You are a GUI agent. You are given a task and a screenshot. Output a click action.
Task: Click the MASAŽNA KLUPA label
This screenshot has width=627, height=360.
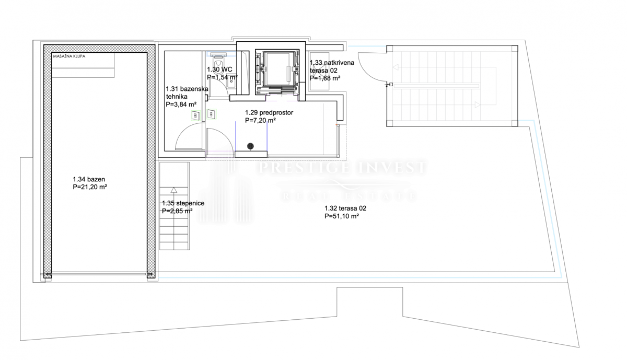pyautogui.click(x=69, y=56)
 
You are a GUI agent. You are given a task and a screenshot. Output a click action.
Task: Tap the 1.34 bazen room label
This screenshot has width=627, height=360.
pyautogui.click(x=89, y=179)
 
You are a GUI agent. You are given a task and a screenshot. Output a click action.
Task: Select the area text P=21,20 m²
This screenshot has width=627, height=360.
pyautogui.click(x=90, y=187)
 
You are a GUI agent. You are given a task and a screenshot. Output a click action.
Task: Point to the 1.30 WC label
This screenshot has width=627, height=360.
pyautogui.click(x=220, y=69)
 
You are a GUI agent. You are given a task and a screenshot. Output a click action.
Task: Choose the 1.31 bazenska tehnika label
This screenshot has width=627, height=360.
pyautogui.click(x=187, y=92)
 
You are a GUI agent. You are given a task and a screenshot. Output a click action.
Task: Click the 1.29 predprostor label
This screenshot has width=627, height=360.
pyautogui.click(x=269, y=112)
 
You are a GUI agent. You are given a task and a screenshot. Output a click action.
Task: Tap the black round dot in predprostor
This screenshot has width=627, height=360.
pyautogui.click(x=250, y=146)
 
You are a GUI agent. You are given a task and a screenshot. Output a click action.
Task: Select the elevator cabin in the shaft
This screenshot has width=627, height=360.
pyautogui.click(x=278, y=69)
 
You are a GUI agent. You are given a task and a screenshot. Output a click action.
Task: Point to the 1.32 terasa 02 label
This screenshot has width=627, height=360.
pyautogui.click(x=345, y=208)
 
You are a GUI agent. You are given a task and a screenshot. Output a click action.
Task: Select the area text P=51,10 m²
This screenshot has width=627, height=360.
pyautogui.click(x=342, y=216)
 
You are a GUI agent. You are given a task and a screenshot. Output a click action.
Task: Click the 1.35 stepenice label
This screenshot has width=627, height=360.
pyautogui.click(x=183, y=203)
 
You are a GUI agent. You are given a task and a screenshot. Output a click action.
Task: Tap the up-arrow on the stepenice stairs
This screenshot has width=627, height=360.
pyautogui.click(x=174, y=190)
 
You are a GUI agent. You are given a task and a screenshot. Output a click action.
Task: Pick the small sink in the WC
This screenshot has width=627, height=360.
pyautogui.click(x=231, y=82)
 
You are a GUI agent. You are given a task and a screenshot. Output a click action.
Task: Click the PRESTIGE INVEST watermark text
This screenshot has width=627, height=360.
pyautogui.click(x=342, y=167)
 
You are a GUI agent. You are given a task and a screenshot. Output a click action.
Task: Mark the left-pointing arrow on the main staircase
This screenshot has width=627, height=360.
pyautogui.click(x=396, y=67)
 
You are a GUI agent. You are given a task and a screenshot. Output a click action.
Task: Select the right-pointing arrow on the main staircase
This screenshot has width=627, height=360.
pyautogui.click(x=478, y=105)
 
